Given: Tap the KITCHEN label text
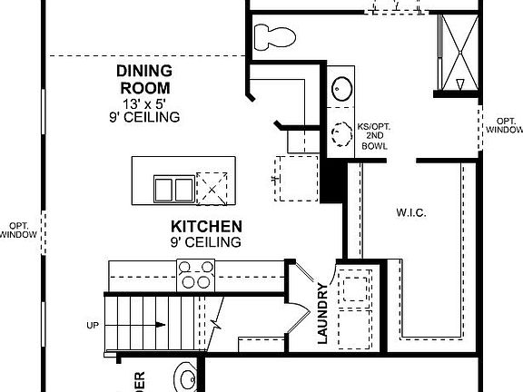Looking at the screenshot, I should point(205,226).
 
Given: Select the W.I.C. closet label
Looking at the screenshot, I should point(411,213).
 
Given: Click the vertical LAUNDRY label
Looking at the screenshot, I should point(322,314).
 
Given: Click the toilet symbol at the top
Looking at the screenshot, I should point(273,37).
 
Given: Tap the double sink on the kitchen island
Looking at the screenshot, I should point(173,188).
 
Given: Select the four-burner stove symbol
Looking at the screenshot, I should point(195,272).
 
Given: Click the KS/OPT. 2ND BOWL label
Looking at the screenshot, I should point(379,135).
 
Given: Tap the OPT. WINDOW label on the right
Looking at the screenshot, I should point(504,125).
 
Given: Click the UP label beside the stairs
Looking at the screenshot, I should point(93,325).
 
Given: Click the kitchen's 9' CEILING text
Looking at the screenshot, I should point(204,242).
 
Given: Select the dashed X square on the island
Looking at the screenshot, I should point(217,187).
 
